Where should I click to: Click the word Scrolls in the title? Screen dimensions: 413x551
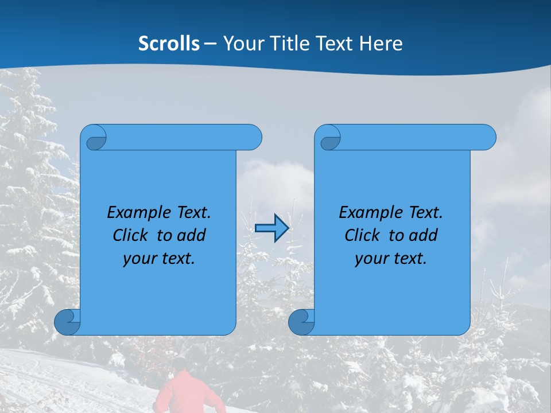169,44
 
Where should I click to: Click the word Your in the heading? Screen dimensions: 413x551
241,44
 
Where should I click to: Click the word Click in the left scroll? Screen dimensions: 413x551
130,236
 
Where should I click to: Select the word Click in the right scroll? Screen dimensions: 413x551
362,236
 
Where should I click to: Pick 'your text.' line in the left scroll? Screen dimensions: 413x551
159,259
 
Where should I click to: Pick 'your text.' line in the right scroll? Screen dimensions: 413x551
391,259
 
